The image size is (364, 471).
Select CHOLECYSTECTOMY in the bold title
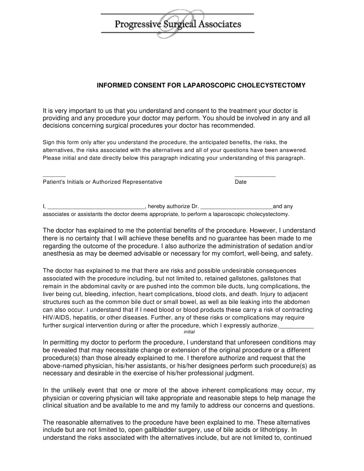pyautogui.click(x=271, y=86)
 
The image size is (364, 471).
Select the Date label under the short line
pyautogui.click(x=241, y=182)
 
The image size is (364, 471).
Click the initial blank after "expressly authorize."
pyautogui.click(x=296, y=326)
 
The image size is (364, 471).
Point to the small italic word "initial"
pyautogui.click(x=189, y=331)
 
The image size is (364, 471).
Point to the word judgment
pyautogui.click(x=237, y=373)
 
